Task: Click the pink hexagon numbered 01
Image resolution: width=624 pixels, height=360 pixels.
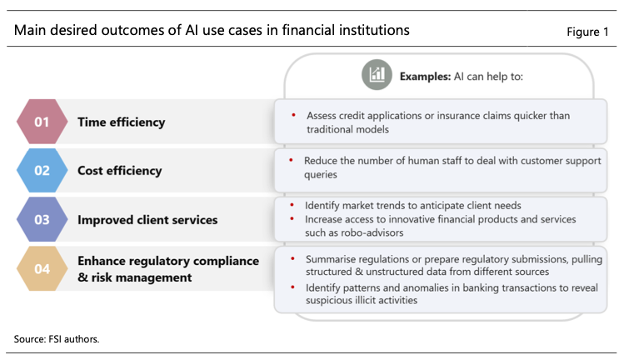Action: [x=42, y=122]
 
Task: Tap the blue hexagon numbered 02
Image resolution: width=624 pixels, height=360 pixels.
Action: [x=42, y=171]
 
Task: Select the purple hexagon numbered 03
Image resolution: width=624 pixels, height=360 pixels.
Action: [x=42, y=219]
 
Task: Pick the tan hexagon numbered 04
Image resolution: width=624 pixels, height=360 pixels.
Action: [x=42, y=269]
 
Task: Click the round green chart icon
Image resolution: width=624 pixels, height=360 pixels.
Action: [x=377, y=74]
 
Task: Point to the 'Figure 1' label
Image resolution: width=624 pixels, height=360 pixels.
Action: [x=587, y=32]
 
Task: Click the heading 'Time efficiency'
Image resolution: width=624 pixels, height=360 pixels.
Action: [x=121, y=122]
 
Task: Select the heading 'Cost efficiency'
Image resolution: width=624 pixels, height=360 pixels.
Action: [x=119, y=171]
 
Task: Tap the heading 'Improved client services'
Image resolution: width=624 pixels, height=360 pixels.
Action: [x=147, y=220]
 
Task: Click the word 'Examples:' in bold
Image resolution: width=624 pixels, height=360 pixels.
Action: [x=425, y=77]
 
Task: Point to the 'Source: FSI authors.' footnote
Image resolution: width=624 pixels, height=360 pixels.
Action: [x=57, y=339]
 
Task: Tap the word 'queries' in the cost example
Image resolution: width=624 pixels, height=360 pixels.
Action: [x=321, y=175]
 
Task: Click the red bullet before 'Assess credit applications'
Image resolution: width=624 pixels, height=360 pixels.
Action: [x=294, y=115]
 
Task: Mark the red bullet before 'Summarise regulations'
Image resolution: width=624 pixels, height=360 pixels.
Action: [x=292, y=258]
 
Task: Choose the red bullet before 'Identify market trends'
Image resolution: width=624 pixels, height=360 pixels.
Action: [x=292, y=205]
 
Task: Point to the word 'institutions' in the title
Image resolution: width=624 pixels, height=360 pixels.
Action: [x=371, y=30]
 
